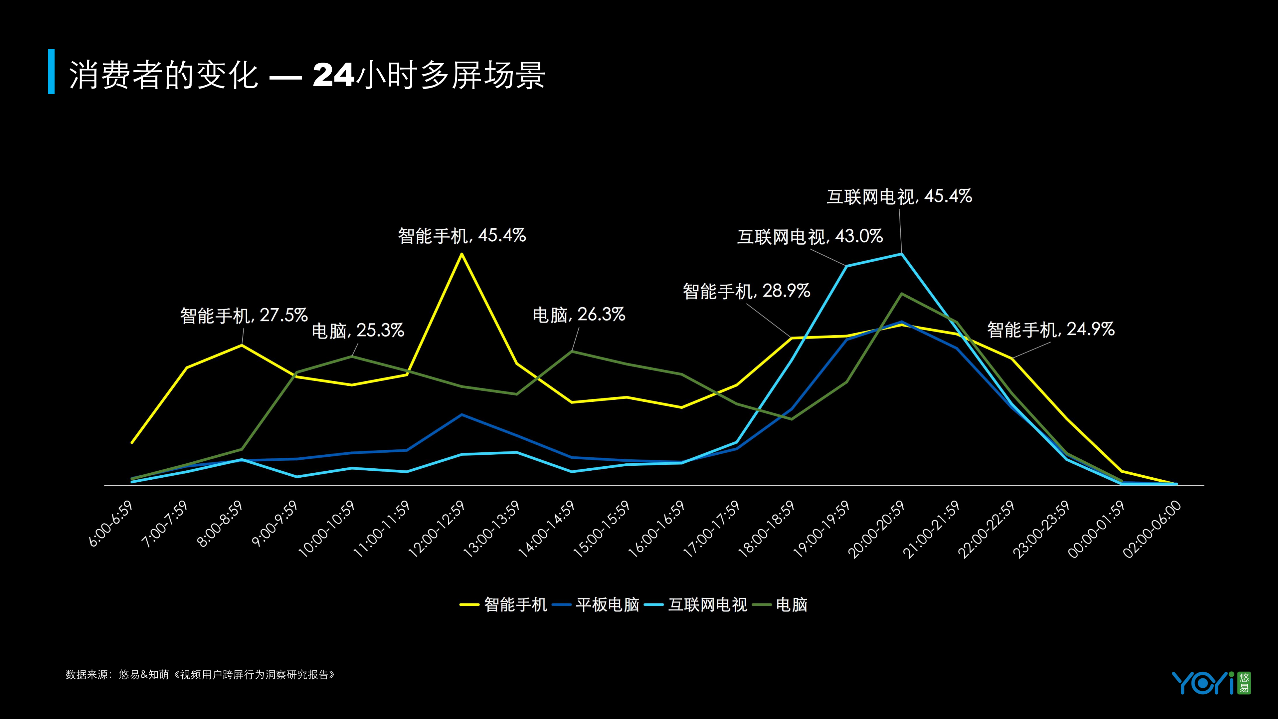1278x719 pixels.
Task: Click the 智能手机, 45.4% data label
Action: [x=461, y=235]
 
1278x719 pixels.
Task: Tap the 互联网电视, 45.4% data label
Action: [x=899, y=196]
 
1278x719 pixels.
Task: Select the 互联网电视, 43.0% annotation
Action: [x=810, y=237]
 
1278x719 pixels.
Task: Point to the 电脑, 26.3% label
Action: [x=579, y=315]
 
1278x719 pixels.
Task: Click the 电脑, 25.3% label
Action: [x=358, y=331]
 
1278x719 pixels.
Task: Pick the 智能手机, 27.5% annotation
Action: [x=244, y=316]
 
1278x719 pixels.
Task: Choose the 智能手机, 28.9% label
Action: [x=746, y=291]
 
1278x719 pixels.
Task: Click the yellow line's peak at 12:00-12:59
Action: [x=462, y=254]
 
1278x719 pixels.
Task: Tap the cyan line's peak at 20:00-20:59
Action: [x=901, y=254]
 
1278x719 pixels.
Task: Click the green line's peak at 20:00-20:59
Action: [x=901, y=294]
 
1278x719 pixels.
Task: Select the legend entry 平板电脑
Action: [x=607, y=604]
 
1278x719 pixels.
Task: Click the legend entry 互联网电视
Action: [x=707, y=604]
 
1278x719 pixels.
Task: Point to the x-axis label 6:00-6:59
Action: [x=111, y=524]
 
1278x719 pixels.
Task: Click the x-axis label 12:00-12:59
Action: [x=437, y=529]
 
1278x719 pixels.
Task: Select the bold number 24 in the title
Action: [x=333, y=75]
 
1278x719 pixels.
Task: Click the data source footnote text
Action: [x=200, y=675]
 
